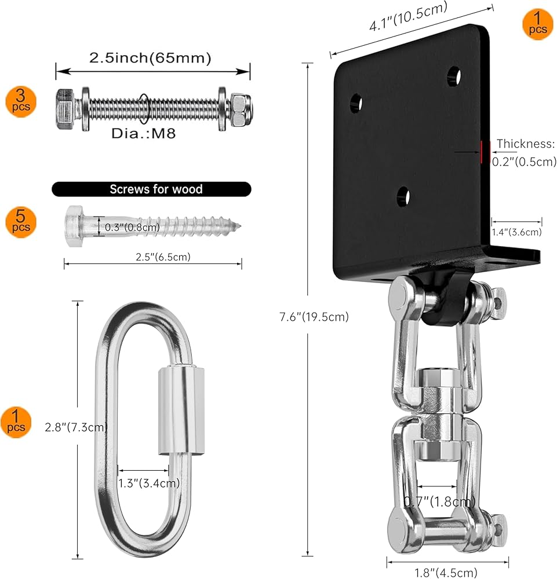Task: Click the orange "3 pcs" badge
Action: tap(21, 102)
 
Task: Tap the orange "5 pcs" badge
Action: tap(21, 222)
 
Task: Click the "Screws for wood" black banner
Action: tap(151, 189)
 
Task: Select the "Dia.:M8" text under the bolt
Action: tap(143, 133)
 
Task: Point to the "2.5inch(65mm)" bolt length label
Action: tap(150, 58)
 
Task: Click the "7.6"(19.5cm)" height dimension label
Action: tap(314, 317)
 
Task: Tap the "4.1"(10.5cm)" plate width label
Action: tap(408, 16)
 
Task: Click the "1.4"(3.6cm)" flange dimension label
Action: tap(516, 232)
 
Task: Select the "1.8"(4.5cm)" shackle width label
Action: tap(446, 573)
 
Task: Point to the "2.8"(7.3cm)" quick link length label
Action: tap(76, 427)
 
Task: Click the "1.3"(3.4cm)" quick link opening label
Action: tap(148, 483)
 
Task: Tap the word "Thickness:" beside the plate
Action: tap(525, 144)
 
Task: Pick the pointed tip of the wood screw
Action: tap(240, 225)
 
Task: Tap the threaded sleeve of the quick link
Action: tap(181, 409)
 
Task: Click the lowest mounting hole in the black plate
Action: tap(403, 196)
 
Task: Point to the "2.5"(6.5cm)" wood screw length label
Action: tap(163, 256)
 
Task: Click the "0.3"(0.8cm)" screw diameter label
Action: tap(132, 227)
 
